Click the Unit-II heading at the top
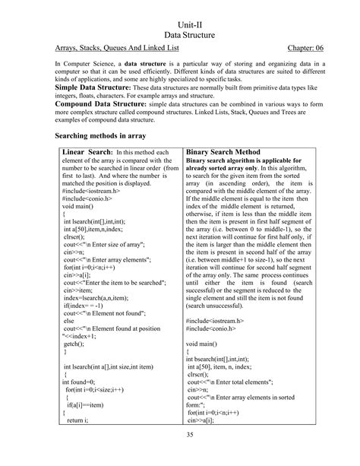pos(179,25)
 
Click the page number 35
pos(179,454)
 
